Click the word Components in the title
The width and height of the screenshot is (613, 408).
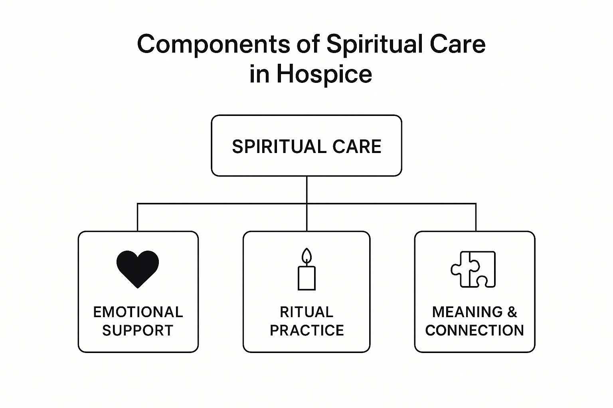[214, 44]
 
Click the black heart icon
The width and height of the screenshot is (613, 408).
[138, 268]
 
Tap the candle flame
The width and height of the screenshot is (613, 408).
[306, 255]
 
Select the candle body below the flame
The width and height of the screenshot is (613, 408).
[306, 278]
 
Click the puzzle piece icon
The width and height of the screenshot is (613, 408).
[474, 269]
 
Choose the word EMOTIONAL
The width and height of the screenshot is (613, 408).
[138, 312]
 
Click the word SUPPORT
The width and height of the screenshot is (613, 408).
[138, 330]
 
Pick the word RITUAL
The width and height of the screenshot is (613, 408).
[306, 312]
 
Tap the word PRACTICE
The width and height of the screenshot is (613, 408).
[306, 330]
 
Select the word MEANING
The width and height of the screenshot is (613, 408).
[467, 312]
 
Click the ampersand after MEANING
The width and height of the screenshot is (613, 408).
[512, 312]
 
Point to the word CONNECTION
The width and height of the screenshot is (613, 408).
[475, 330]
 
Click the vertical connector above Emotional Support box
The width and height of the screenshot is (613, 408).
[138, 218]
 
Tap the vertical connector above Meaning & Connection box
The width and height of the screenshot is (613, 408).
[476, 218]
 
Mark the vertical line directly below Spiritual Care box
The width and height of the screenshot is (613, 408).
[306, 190]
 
